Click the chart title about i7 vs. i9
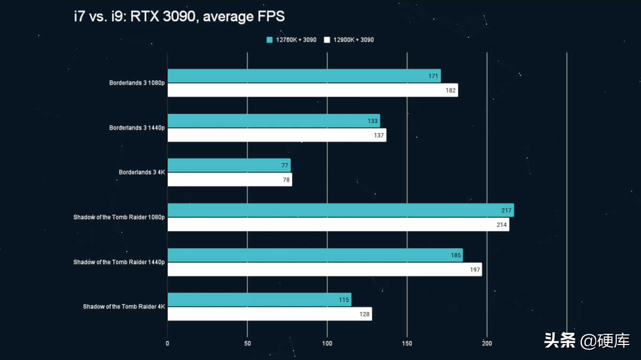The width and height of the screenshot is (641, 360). (179, 17)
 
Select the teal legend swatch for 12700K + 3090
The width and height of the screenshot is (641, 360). (269, 40)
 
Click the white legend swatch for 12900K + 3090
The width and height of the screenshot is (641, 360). (327, 40)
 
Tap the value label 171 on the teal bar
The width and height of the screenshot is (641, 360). (434, 76)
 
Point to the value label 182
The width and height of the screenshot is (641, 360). (451, 90)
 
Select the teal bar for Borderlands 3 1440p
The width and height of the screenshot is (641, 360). (273, 121)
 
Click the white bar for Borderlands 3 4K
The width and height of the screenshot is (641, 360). (230, 179)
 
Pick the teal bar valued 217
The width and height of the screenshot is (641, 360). (340, 210)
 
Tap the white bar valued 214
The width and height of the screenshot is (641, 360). (338, 224)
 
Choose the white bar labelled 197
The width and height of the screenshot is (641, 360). (325, 269)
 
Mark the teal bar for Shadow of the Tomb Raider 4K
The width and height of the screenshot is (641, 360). (259, 300)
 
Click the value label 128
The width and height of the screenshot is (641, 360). (364, 314)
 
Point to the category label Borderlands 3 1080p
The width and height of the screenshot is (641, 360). (137, 83)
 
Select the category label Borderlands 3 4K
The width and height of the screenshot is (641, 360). (142, 173)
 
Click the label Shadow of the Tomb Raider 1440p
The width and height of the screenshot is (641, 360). (119, 262)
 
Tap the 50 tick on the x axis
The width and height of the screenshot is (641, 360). (247, 343)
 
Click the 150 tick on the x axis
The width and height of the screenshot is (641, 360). (407, 343)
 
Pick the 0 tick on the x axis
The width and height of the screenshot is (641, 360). (168, 343)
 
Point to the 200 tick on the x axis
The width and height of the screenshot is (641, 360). (487, 343)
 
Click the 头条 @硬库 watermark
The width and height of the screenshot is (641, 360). (587, 340)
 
